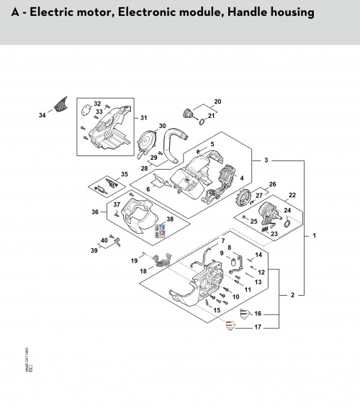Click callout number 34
(41, 114)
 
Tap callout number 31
(143, 118)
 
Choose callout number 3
(266, 159)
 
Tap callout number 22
(292, 195)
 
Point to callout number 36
(95, 212)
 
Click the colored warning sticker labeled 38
(159, 230)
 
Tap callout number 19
(134, 258)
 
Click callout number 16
(258, 314)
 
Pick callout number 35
(125, 174)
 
